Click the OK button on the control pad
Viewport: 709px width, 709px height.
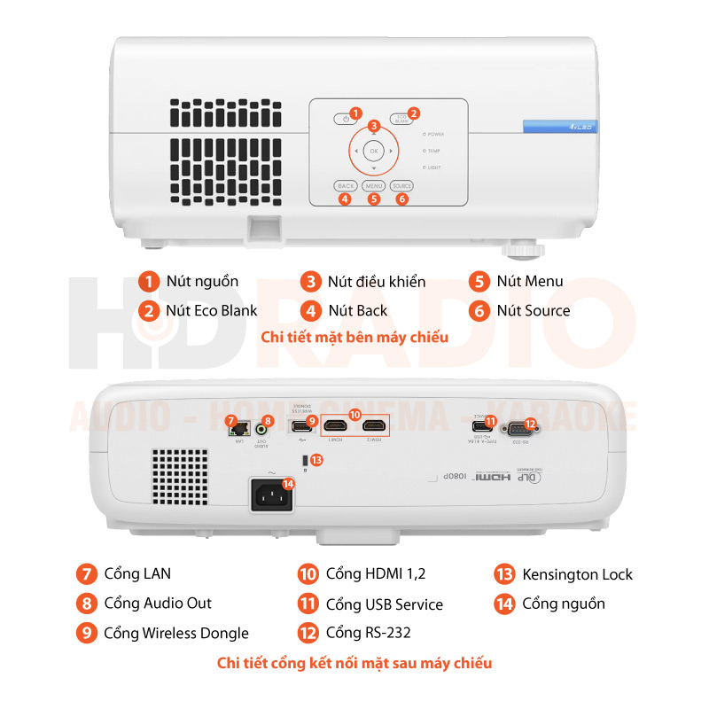(374, 152)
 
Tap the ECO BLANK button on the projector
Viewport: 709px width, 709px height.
(401, 119)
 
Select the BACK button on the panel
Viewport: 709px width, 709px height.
(346, 186)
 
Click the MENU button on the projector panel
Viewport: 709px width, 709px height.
(373, 186)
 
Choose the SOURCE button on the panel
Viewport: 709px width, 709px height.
(401, 186)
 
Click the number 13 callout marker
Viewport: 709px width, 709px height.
(316, 459)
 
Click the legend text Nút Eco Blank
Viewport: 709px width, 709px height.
(211, 310)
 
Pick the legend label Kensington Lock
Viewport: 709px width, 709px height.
(577, 574)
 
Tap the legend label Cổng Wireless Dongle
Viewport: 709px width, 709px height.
(175, 633)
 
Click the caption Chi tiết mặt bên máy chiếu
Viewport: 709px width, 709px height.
(354, 337)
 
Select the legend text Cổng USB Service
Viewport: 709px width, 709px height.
(384, 604)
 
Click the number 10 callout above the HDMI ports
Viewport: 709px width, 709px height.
(354, 414)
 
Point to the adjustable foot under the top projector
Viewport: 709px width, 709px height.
(529, 249)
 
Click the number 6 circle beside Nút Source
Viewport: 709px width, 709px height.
(479, 310)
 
